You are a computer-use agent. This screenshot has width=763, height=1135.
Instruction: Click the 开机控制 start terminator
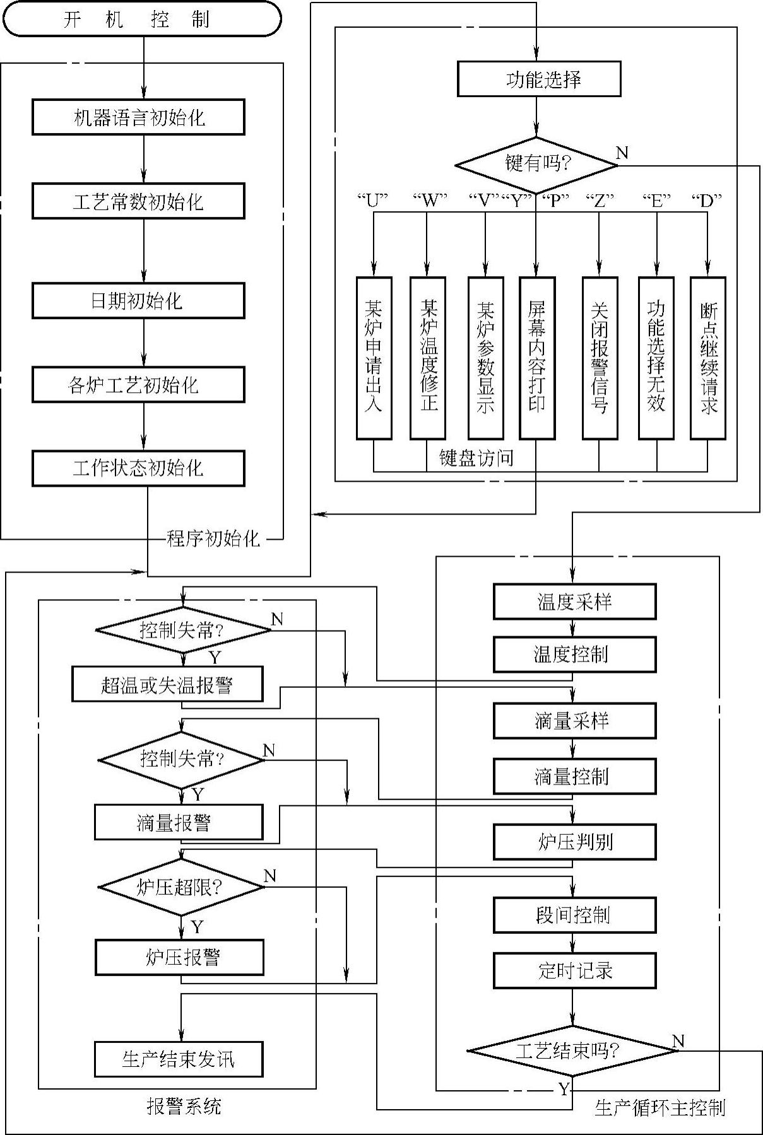tap(141, 19)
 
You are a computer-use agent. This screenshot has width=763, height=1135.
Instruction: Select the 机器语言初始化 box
tap(138, 117)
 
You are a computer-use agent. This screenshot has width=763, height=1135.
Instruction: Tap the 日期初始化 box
tap(138, 300)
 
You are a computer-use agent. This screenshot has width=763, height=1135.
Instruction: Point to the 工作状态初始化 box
tap(138, 468)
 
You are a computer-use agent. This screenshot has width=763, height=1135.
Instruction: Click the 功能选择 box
tap(539, 79)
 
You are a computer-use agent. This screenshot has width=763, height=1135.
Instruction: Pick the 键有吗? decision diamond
tap(536, 165)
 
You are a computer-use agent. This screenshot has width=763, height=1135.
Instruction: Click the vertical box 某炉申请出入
tap(374, 358)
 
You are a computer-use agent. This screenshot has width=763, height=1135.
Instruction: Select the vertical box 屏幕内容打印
tap(537, 358)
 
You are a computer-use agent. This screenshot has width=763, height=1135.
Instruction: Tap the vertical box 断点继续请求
tap(708, 358)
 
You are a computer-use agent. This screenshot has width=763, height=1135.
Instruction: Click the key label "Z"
tap(600, 201)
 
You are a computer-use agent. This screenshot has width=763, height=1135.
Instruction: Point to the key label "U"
tap(372, 201)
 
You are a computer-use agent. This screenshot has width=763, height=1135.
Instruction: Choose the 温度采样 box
tap(575, 602)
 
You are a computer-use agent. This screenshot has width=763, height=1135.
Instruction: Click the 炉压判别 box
tap(575, 842)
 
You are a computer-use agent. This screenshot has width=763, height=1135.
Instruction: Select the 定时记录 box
tap(575, 970)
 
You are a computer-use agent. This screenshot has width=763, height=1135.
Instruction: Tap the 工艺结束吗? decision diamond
tap(572, 1051)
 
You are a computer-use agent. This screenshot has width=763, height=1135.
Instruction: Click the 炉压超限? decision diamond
tap(182, 887)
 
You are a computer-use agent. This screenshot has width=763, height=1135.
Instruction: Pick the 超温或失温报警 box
tap(167, 684)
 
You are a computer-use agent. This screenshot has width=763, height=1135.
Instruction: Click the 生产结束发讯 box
tap(179, 1059)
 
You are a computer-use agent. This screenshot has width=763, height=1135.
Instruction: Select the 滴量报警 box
tap(179, 822)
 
